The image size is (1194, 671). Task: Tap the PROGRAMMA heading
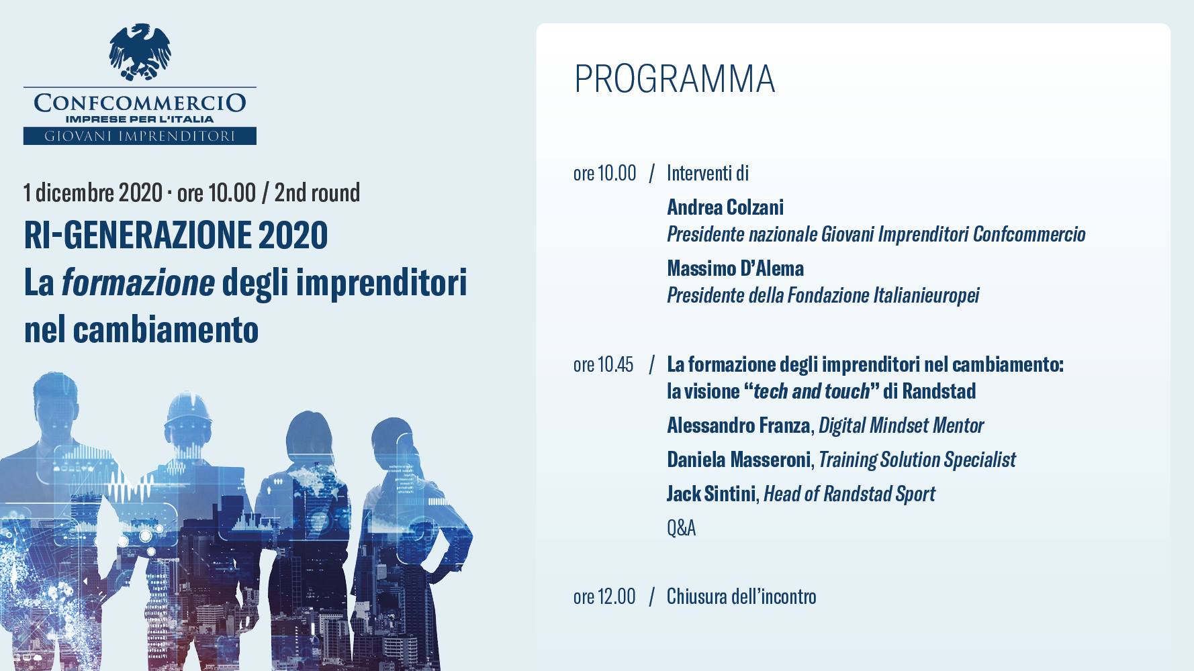(x=675, y=79)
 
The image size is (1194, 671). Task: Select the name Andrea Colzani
(x=725, y=207)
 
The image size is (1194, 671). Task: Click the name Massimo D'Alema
(x=735, y=268)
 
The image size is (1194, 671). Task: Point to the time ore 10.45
(x=603, y=364)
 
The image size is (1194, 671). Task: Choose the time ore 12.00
(x=604, y=597)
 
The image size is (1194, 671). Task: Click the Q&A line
(x=681, y=528)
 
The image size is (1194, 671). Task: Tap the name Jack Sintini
(x=711, y=494)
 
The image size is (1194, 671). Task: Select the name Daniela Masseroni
(x=739, y=460)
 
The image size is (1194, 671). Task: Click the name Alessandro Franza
(x=738, y=425)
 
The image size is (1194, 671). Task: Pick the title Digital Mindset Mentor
(x=901, y=425)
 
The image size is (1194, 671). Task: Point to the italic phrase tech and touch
(x=811, y=391)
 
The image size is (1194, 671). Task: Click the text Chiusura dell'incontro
(x=741, y=597)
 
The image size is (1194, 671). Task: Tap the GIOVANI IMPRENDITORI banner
(x=140, y=136)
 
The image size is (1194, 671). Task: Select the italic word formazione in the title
(x=138, y=283)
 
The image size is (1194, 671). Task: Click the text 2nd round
(x=317, y=193)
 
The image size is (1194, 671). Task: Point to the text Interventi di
(x=708, y=173)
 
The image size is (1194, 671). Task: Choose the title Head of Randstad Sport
(x=849, y=494)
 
